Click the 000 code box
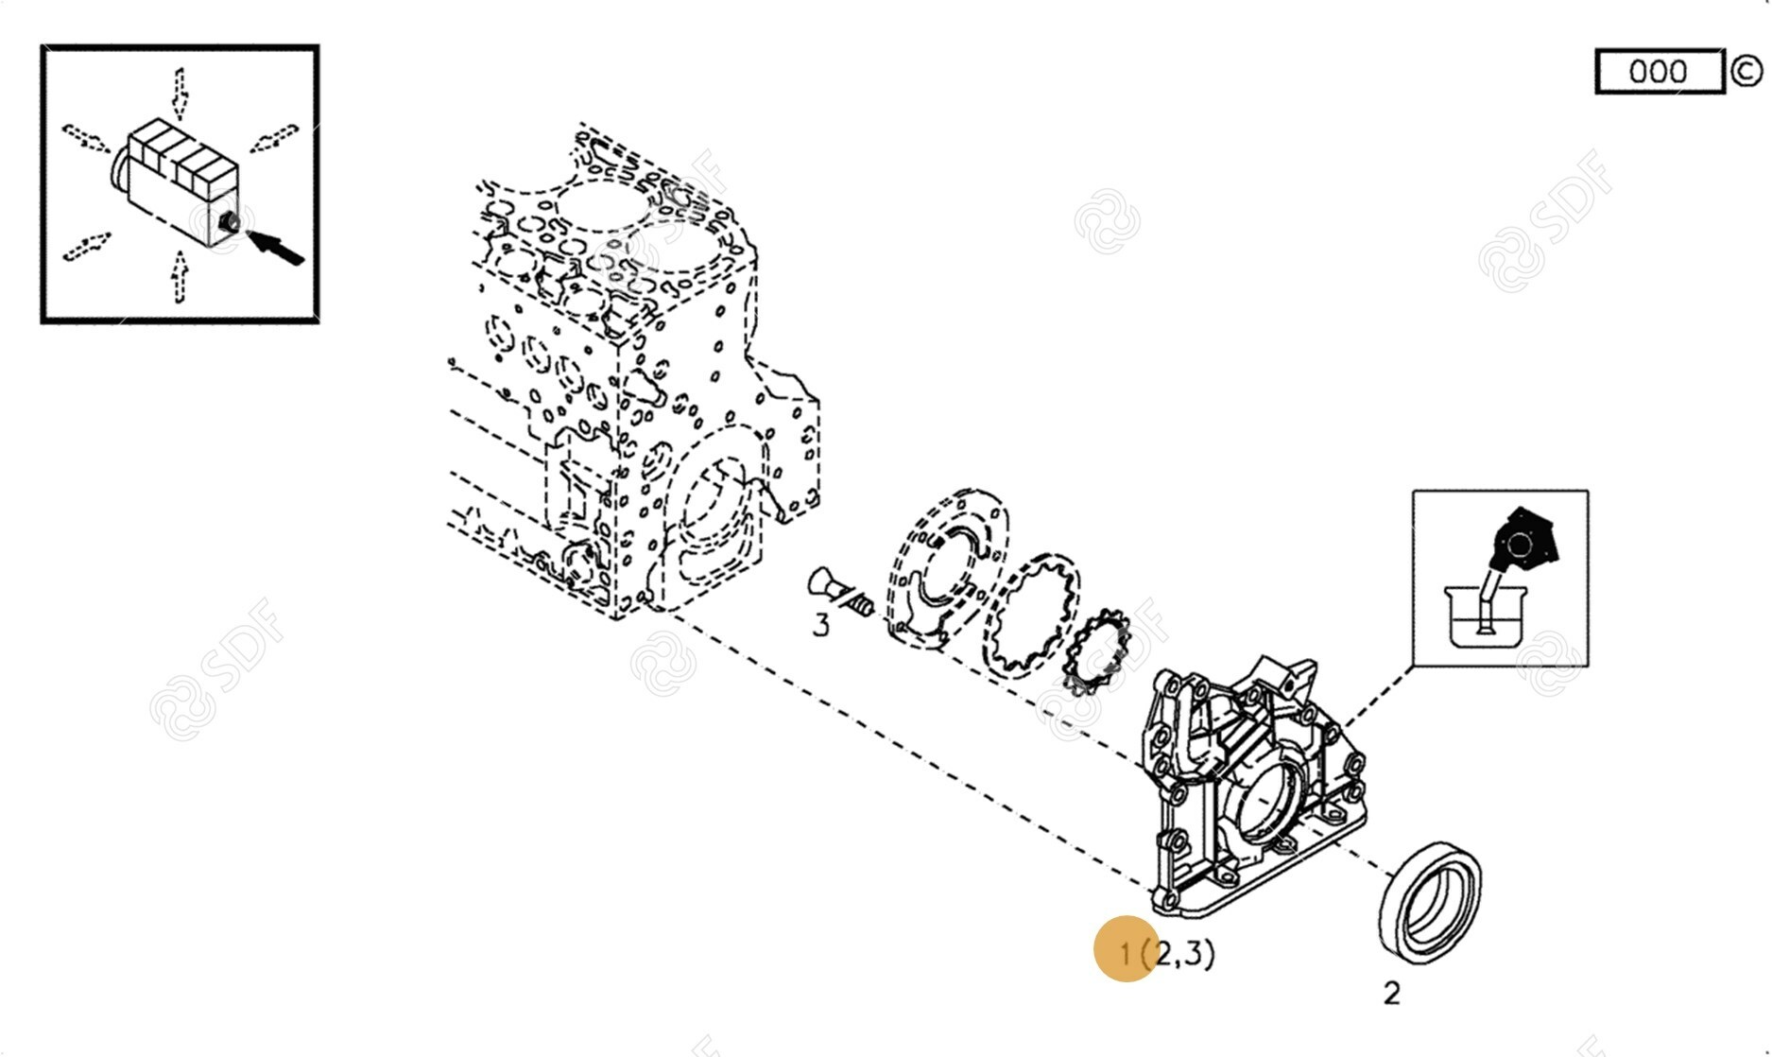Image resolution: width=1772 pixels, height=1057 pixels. click(x=1660, y=71)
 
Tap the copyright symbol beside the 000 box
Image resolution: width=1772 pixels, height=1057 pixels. click(x=1746, y=71)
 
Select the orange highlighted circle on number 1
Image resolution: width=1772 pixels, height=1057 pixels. click(x=1127, y=949)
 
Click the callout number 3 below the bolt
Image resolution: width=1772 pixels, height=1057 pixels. click(x=821, y=625)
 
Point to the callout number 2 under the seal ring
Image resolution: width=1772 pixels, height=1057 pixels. click(x=1391, y=993)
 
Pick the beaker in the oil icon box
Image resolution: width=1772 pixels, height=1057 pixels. click(x=1485, y=615)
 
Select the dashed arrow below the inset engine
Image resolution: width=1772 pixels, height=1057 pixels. click(x=180, y=276)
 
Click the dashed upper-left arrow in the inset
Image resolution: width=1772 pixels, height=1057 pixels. click(x=86, y=138)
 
